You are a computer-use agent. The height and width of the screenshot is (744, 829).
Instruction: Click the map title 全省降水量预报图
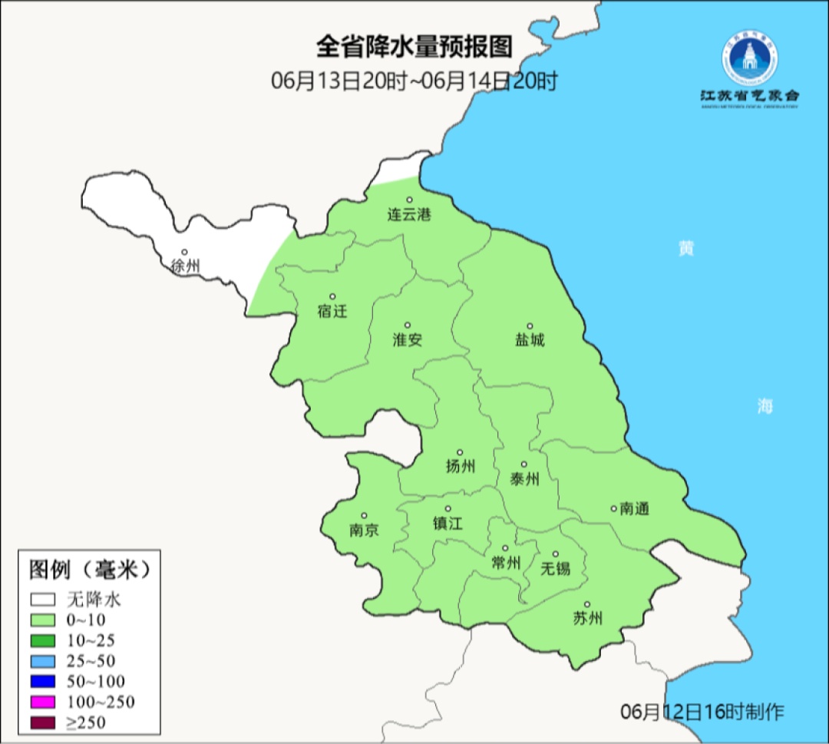pos(414,48)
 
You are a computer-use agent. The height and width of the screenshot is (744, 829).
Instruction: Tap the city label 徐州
pos(185,266)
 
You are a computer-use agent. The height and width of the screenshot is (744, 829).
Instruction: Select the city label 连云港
pos(408,215)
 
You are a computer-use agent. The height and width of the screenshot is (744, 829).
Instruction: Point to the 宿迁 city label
pos(332,311)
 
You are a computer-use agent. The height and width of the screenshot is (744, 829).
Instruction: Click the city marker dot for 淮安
pos(408,325)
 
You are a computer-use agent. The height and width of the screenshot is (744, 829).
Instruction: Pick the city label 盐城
pos(529,339)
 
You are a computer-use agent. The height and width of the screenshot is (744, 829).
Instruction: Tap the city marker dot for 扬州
pos(460,452)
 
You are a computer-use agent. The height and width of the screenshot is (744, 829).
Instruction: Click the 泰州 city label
pos(524,479)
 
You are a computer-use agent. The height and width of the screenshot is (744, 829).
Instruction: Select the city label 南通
pos(635,508)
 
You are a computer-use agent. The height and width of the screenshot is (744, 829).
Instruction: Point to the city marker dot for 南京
pos(364,516)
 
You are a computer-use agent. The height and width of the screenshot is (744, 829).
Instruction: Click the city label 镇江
pos(448,523)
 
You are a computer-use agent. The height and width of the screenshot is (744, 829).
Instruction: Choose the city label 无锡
pos(556,568)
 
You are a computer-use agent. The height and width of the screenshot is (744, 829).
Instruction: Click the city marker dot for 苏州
pos(587,605)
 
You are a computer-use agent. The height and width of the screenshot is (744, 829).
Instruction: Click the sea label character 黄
pos(685,249)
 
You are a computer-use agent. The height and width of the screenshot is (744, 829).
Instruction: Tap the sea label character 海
pos(765,407)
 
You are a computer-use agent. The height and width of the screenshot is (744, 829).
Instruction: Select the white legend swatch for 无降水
pos(43,599)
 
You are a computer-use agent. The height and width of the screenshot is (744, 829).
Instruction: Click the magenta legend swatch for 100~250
pos(43,702)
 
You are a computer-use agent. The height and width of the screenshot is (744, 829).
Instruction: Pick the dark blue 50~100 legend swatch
pos(43,681)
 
